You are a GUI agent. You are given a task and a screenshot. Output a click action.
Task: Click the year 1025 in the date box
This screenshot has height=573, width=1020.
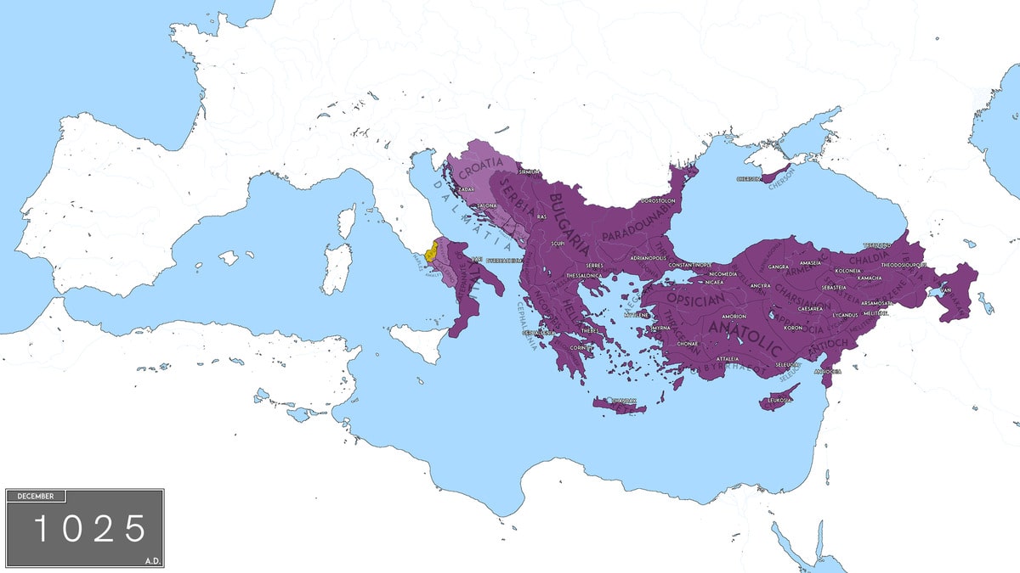click(89, 529)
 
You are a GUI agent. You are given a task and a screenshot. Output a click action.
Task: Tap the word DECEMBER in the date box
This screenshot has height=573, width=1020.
click(36, 496)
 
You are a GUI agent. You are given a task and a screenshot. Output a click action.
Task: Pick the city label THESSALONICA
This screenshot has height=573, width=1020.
click(584, 276)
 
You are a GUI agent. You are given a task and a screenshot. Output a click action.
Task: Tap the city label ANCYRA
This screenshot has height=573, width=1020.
click(760, 285)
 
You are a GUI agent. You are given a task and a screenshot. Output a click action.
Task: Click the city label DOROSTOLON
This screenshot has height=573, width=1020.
click(657, 201)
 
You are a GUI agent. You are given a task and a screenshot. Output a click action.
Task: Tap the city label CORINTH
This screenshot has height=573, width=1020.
click(581, 347)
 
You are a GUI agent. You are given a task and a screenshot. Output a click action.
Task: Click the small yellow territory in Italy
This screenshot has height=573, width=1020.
click(432, 251)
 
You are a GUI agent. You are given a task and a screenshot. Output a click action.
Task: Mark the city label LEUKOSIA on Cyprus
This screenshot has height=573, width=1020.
click(779, 398)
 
